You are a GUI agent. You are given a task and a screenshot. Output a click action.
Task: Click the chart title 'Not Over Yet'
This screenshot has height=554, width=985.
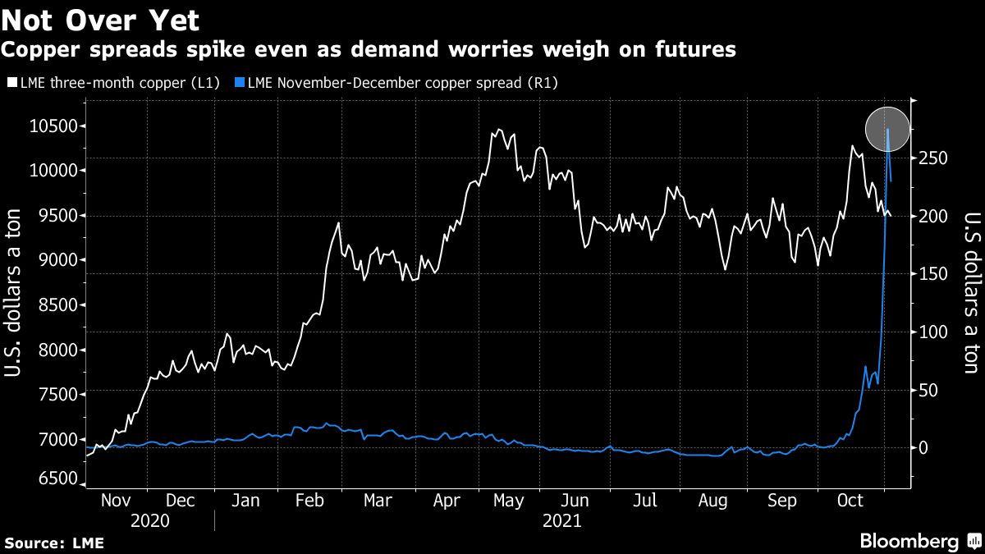point(100,19)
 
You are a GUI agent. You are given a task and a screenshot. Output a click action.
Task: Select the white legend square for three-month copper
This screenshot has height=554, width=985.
point(10,83)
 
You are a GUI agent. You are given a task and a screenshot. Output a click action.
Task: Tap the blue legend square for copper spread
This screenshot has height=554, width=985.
point(239,83)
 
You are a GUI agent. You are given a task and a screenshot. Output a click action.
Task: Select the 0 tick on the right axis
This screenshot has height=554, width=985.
point(925,448)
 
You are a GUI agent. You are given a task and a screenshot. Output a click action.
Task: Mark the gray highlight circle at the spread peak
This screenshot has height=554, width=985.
point(888,129)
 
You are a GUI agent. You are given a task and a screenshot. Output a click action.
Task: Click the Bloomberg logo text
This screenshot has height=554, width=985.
point(909,541)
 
